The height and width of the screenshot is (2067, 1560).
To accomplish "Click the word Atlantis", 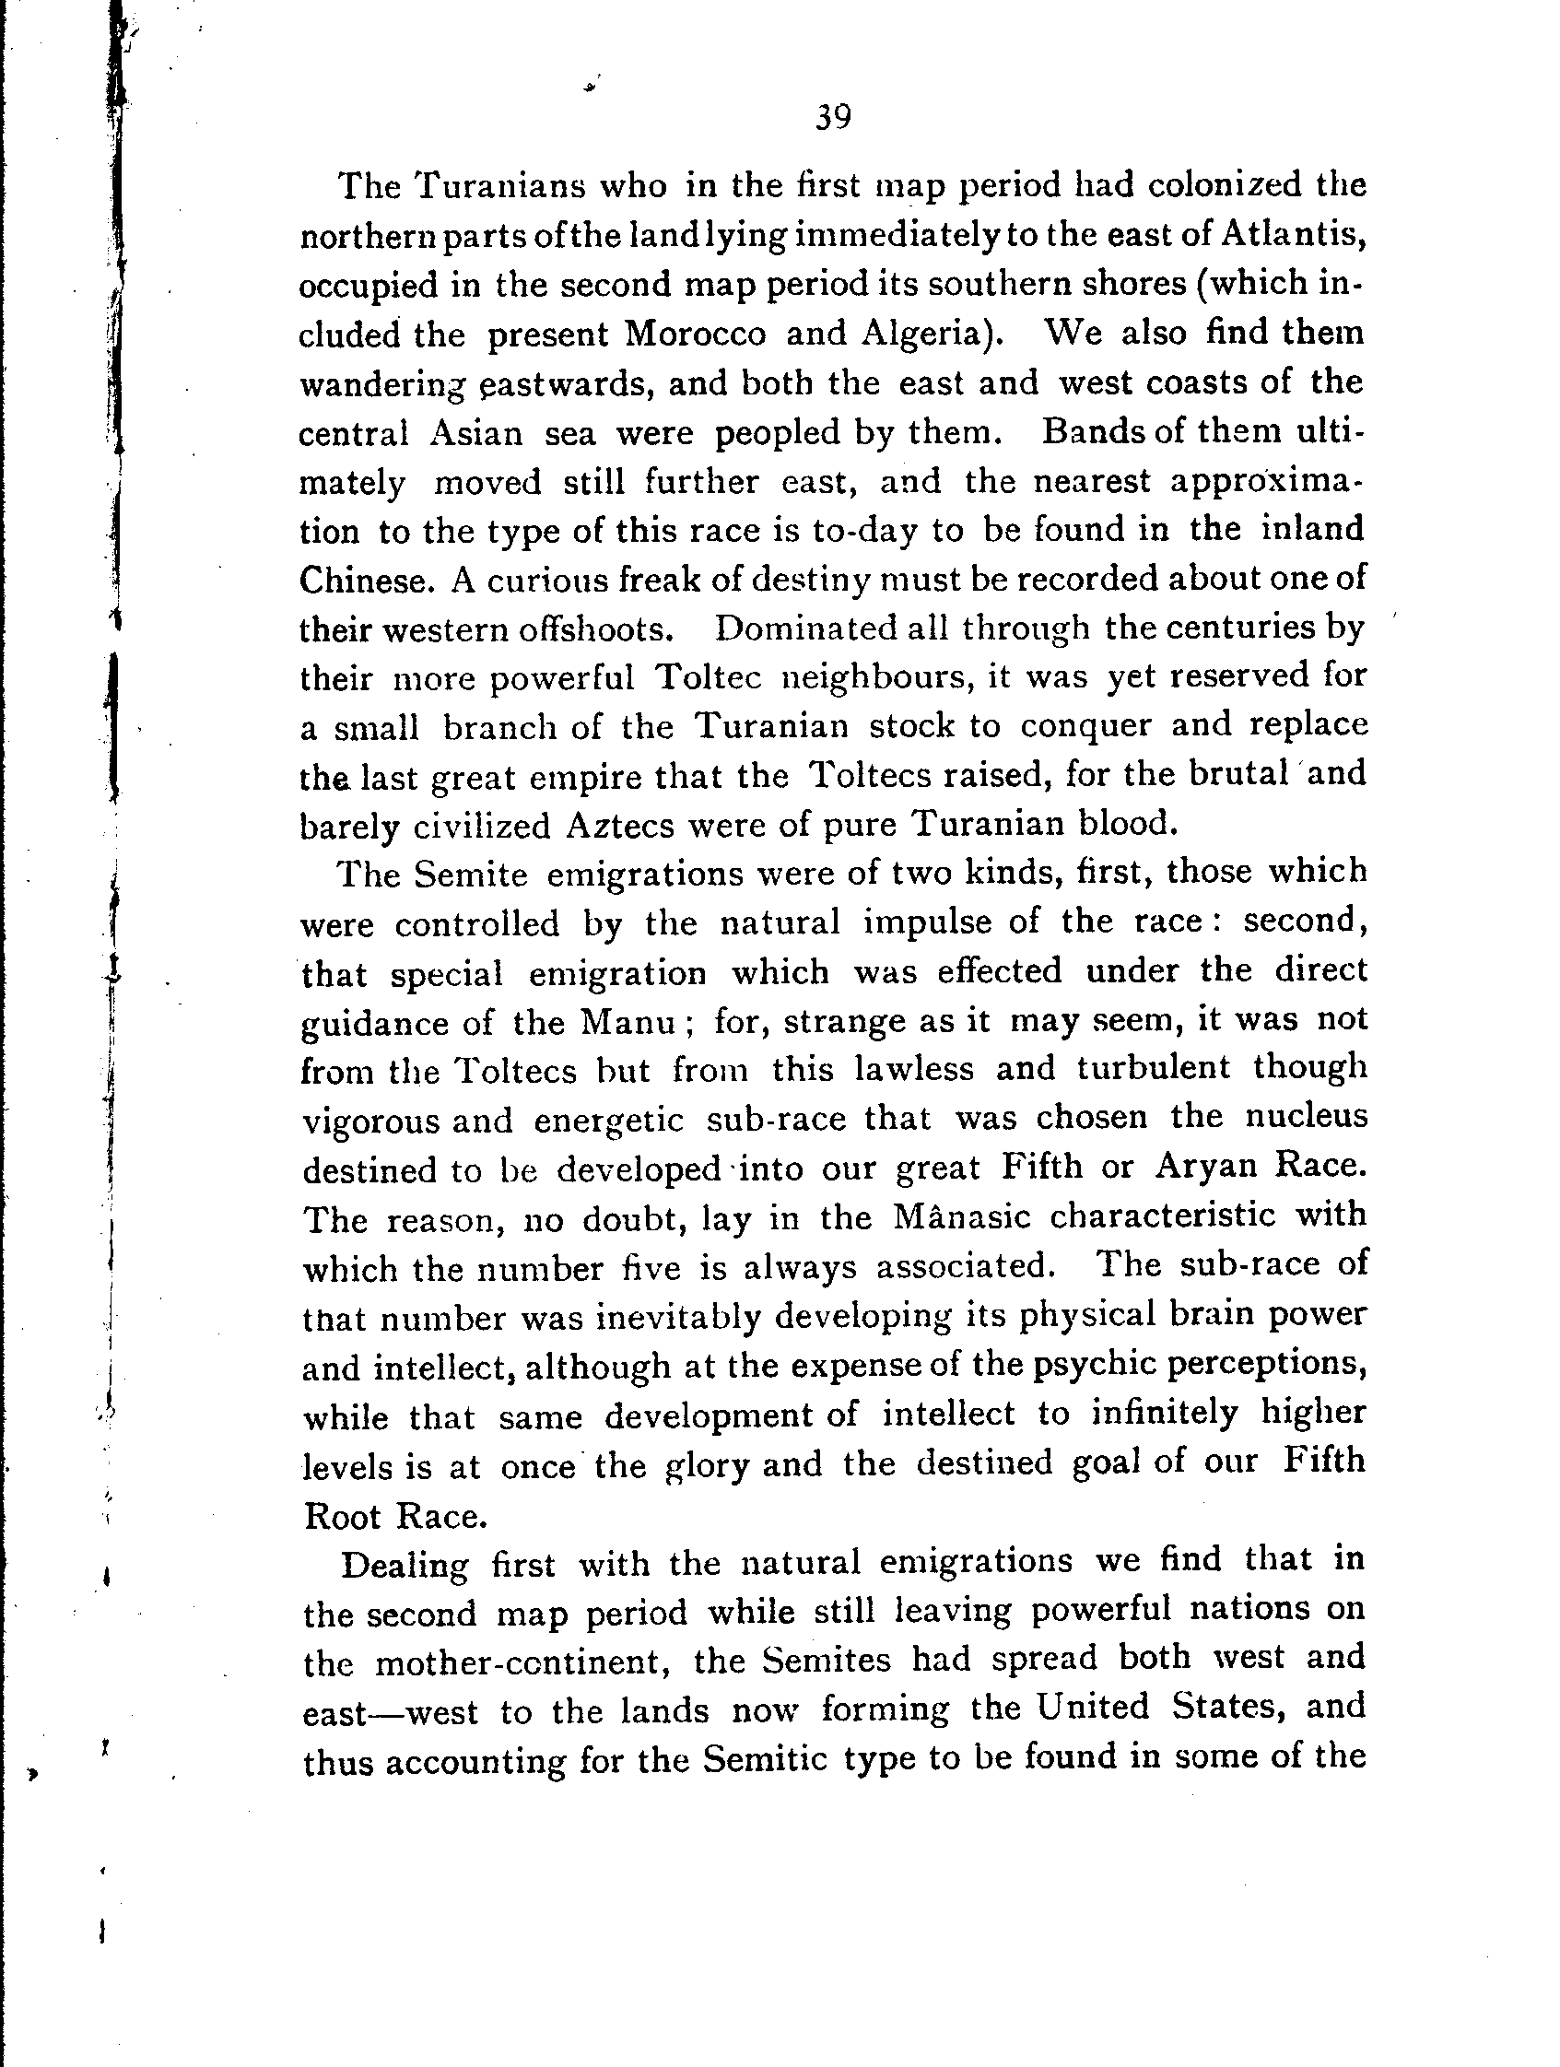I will coord(1292,234).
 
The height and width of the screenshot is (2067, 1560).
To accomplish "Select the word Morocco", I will coord(694,334).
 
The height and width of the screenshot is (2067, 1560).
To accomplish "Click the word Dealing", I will coord(404,1563).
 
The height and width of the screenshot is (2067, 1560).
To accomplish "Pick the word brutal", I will coord(1237,775).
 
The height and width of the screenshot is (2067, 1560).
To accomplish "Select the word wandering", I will coord(382,384).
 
